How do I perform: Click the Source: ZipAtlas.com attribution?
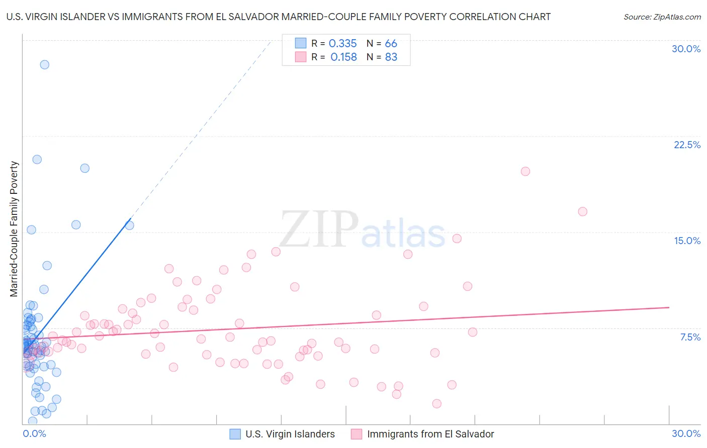click(x=662, y=17)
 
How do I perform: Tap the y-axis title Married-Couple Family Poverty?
click(x=14, y=229)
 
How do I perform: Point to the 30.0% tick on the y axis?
click(x=686, y=49)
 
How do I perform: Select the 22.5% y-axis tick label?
click(x=687, y=145)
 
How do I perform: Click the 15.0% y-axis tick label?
click(x=687, y=241)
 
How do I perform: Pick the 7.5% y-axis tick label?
click(x=690, y=337)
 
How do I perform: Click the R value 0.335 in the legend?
click(x=342, y=44)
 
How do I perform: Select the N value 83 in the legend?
click(x=391, y=57)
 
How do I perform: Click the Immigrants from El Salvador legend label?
click(x=430, y=434)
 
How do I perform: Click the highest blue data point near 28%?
click(x=45, y=65)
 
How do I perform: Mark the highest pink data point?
click(x=525, y=171)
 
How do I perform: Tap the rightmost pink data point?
click(x=583, y=211)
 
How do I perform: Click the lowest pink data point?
click(x=436, y=404)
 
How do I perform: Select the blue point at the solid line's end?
click(x=129, y=225)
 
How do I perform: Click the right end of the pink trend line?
click(x=669, y=307)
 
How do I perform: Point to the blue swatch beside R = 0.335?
click(x=300, y=43)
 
